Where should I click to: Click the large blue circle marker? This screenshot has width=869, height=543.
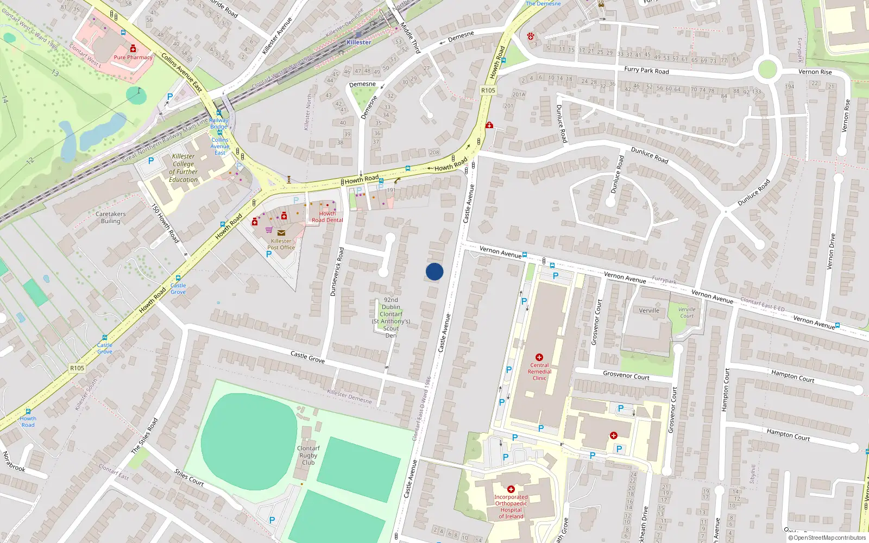pos(434,271)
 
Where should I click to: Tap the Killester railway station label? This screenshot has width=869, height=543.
pos(359,42)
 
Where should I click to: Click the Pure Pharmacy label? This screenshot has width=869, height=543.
pos(133,57)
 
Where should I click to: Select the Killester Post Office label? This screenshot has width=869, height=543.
pos(281,244)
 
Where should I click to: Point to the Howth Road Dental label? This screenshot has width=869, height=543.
pos(328,217)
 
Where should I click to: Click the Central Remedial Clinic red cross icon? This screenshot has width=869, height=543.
pos(539,357)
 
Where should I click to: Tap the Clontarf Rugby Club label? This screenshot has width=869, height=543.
pos(308,455)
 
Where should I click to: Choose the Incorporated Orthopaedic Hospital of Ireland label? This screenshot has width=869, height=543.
pos(511,506)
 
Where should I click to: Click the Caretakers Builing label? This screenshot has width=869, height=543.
pos(110,217)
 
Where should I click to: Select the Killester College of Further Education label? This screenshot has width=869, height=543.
pos(183,168)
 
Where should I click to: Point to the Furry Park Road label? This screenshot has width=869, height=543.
pos(646,70)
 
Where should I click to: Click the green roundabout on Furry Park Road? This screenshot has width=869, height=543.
pos(767,70)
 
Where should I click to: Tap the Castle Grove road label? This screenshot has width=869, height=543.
pos(307,357)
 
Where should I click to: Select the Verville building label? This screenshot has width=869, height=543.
pos(649,311)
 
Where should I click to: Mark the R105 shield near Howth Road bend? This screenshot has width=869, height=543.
pos(488,90)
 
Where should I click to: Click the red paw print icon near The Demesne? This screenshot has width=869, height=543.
pos(530,36)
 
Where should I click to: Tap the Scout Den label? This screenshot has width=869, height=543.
pos(391,318)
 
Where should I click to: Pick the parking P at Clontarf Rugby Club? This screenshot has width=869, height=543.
pos(272,520)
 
